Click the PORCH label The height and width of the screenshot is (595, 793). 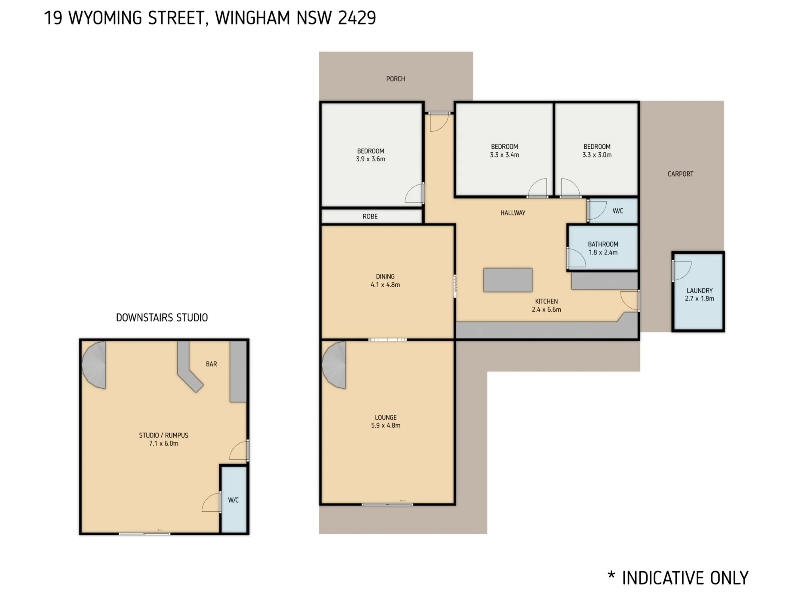tap(396, 79)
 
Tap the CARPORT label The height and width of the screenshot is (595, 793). tap(680, 174)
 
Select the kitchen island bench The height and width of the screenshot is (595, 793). tap(508, 280)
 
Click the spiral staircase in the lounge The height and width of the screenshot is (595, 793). tap(334, 365)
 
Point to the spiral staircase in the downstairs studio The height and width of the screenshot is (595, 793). tap(94, 365)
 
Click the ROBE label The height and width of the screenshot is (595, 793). tap(370, 217)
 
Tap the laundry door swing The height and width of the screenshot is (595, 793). tap(682, 271)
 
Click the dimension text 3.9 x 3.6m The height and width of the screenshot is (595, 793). tap(370, 159)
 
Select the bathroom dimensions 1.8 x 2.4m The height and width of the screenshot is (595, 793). tap(603, 252)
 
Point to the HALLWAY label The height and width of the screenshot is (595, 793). tap(513, 213)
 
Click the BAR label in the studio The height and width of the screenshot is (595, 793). tap(211, 364)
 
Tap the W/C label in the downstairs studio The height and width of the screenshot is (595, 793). tap(234, 500)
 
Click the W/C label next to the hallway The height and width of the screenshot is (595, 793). tap(618, 211)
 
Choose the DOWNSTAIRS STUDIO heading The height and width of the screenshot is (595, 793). tap(162, 318)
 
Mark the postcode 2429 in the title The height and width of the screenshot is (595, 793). tap(357, 18)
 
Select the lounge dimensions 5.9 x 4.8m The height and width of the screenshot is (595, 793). tap(386, 426)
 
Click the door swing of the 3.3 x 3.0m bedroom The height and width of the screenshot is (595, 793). tap(571, 188)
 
